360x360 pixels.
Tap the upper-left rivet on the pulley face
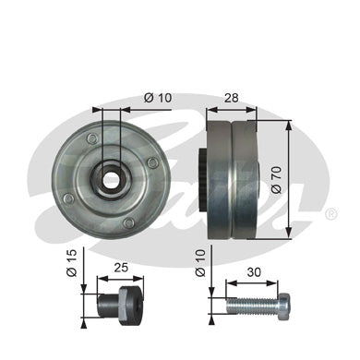coord(90,140)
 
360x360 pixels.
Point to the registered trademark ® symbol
coord(331,213)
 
